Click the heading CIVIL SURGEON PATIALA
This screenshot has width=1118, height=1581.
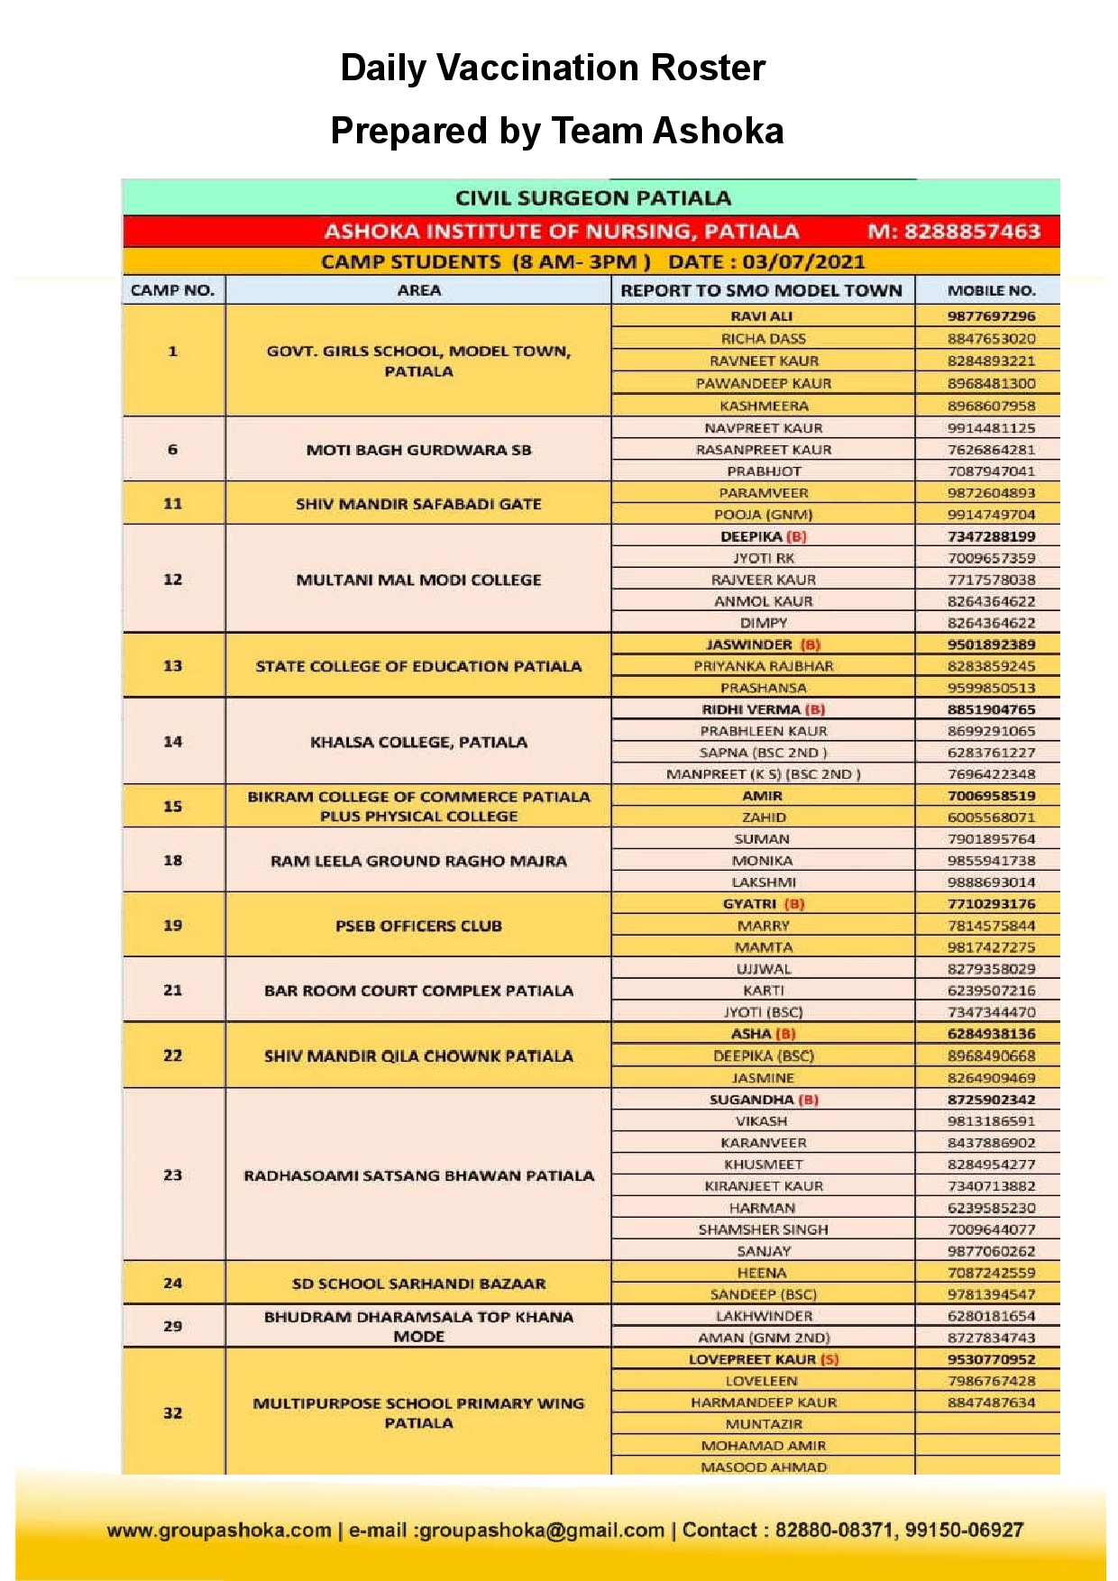click(592, 198)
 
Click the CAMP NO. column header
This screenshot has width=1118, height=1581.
click(172, 290)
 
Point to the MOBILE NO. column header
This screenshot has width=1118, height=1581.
click(991, 290)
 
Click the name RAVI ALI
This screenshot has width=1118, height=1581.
click(762, 316)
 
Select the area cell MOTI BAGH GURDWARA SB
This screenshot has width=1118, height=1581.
click(418, 450)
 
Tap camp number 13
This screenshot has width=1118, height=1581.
click(172, 666)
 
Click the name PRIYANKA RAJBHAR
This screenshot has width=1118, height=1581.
click(763, 666)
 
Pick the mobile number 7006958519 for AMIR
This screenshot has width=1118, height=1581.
click(991, 796)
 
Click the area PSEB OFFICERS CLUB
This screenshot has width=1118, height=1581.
click(418, 926)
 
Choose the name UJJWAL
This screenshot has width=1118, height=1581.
click(763, 969)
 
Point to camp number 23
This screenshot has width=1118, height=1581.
click(172, 1175)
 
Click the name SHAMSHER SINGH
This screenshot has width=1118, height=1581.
click(763, 1229)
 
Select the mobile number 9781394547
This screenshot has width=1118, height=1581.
click(991, 1294)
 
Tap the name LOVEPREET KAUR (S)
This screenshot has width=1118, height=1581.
click(763, 1359)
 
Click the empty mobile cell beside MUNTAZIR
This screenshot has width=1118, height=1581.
click(987, 1424)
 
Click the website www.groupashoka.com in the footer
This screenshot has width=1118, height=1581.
click(219, 1531)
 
